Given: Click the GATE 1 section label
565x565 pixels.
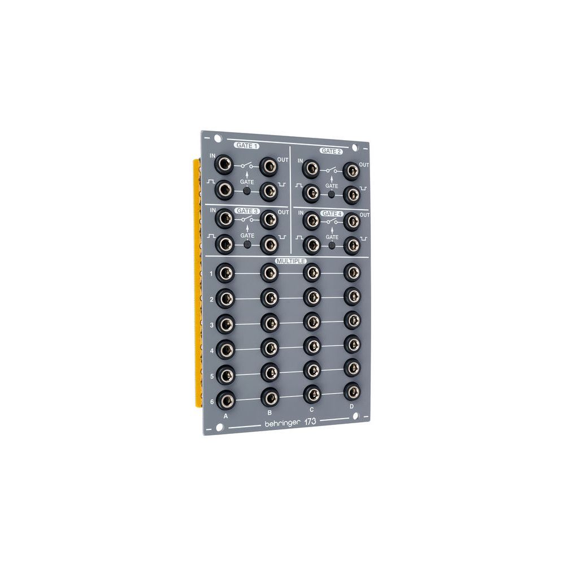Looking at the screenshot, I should coord(246,146).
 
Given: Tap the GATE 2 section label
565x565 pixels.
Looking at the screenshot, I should coord(331,151).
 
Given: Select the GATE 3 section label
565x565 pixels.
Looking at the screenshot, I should coord(246,211).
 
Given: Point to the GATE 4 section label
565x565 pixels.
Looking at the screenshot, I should coord(331,214).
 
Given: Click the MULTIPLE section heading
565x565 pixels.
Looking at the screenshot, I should coord(290,262).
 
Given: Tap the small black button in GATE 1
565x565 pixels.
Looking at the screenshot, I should coord(247,192).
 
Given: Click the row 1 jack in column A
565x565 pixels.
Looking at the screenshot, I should coord(225,273).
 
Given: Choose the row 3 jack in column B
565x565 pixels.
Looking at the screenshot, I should coord(269,322).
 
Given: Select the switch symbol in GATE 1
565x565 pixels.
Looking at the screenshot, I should coord(247,166).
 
